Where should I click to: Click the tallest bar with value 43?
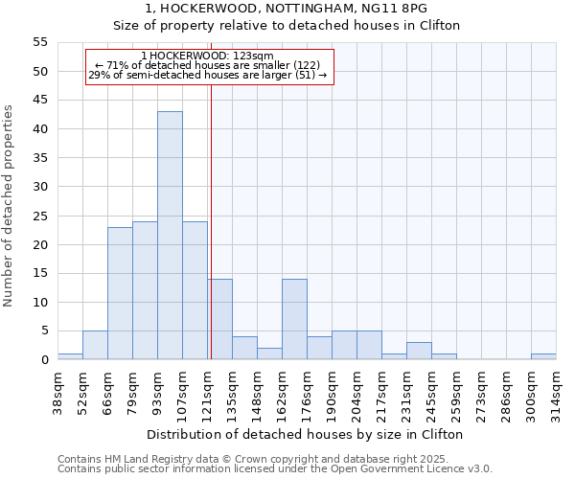pos(170,236)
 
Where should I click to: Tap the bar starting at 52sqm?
pos(95,345)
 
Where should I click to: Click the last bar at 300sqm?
pos(543,356)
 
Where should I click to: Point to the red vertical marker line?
pos(210,220)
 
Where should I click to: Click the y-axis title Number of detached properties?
pos(9,206)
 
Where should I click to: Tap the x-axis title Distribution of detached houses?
pos(306,434)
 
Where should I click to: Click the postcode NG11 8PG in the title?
pos(396,9)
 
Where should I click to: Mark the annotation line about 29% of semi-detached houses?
pos(208,75)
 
